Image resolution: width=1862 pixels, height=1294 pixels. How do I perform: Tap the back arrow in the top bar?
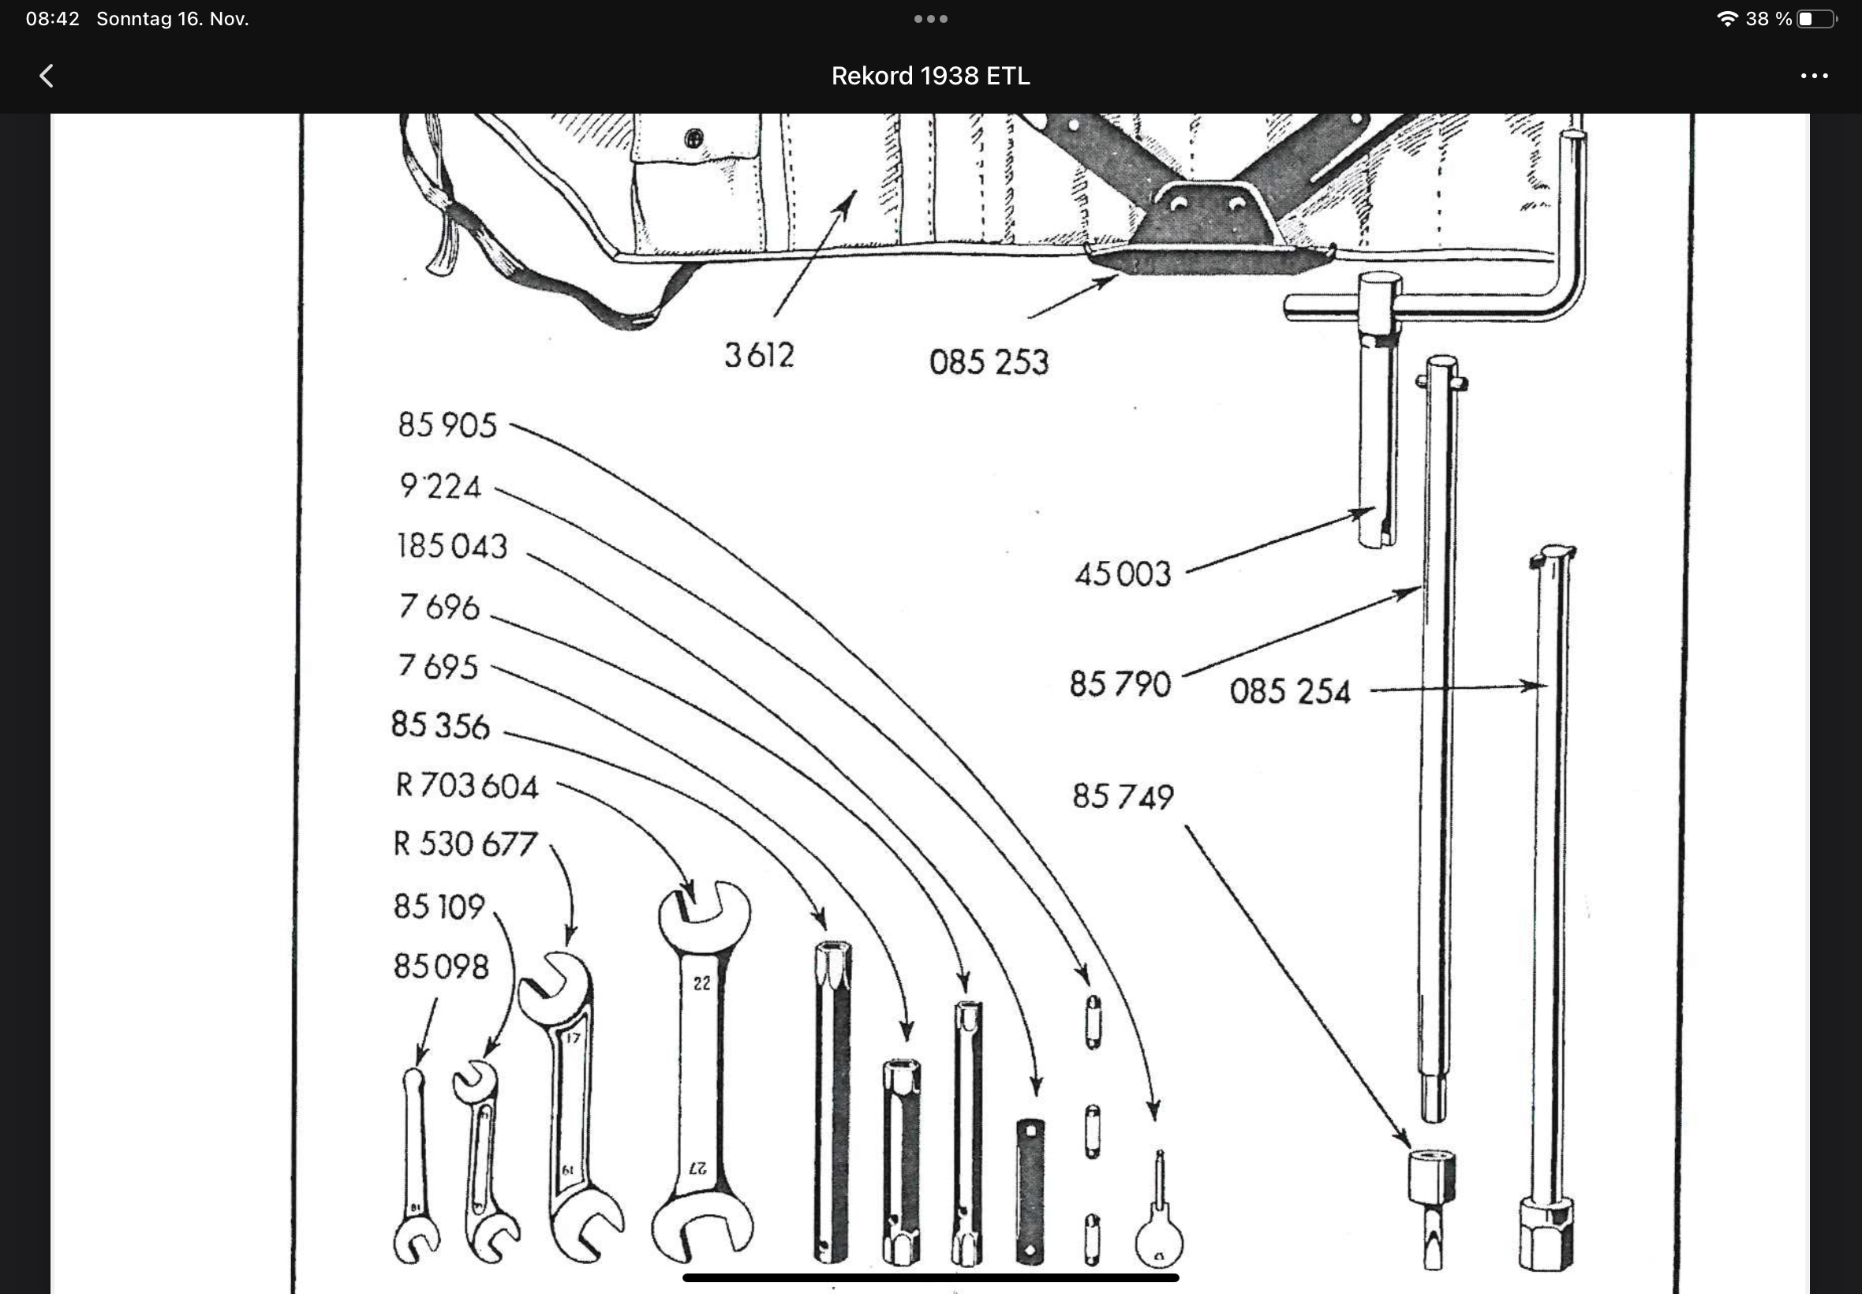point(47,77)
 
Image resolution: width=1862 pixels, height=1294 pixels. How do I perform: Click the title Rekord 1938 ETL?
point(929,77)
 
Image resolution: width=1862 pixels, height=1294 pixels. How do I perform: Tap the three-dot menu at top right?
point(1813,77)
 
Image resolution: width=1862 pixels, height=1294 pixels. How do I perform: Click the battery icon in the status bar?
point(1815,19)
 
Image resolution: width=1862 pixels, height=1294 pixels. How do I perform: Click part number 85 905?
point(447,424)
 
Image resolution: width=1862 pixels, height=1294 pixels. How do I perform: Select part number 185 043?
point(451,547)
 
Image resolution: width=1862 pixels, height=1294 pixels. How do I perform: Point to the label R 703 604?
point(466,786)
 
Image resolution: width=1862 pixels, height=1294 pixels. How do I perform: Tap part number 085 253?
point(988,362)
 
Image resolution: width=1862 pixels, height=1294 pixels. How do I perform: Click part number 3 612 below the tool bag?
point(759,356)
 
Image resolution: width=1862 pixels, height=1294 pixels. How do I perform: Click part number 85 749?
point(1123,797)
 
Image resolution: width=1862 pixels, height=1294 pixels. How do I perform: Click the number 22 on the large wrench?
point(701,983)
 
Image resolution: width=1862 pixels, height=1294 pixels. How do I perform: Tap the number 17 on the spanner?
point(573,1038)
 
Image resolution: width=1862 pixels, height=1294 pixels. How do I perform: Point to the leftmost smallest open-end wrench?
point(415,1168)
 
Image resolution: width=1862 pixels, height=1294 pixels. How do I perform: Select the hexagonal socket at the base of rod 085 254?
point(1546,1236)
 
